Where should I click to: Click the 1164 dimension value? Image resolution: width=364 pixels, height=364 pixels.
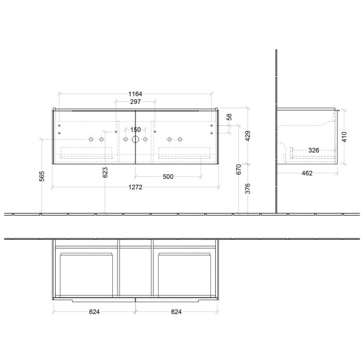135,94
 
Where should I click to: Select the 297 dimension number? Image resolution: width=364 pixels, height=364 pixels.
135,102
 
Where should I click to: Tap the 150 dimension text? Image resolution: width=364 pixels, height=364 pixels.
135,130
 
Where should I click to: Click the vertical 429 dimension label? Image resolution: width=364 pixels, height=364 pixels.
248,136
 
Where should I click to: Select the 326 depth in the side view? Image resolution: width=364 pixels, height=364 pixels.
314,150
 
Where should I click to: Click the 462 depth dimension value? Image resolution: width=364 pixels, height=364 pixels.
307,173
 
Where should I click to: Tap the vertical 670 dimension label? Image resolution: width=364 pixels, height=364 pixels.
238,170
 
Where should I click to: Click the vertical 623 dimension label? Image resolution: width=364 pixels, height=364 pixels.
106,173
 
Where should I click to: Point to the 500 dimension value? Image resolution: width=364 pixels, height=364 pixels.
168,177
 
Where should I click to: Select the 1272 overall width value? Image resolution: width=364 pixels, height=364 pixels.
135,187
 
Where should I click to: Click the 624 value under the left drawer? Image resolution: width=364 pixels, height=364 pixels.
94,312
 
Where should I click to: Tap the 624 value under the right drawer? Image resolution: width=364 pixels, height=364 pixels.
176,312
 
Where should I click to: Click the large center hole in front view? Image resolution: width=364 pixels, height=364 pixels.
135,139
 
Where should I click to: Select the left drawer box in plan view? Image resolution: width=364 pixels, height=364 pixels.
87,273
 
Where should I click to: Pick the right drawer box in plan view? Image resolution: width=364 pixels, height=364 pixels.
184,273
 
